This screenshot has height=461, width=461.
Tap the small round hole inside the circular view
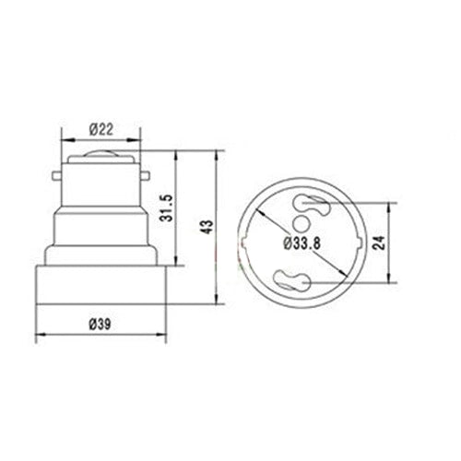pos(303,224)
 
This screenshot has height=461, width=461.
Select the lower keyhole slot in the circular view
pos(304,278)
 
